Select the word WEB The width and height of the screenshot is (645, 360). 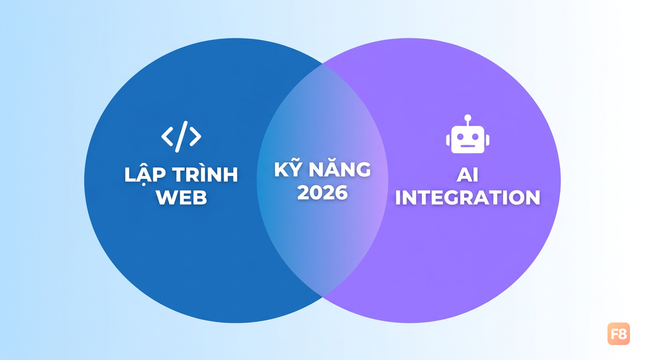pyautogui.click(x=181, y=197)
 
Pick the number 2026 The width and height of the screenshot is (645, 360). pyautogui.click(x=322, y=192)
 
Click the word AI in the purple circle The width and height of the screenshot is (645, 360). pyautogui.click(x=467, y=174)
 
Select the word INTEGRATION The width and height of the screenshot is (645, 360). pyautogui.click(x=468, y=197)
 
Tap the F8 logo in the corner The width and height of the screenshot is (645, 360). pyautogui.click(x=619, y=333)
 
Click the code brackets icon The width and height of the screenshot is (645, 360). pyautogui.click(x=181, y=136)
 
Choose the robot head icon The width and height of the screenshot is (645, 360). pyautogui.click(x=468, y=134)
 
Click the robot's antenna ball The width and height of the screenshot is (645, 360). pyautogui.click(x=468, y=118)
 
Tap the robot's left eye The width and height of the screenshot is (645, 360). pyautogui.click(x=460, y=136)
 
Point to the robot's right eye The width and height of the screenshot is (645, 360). pyautogui.click(x=475, y=136)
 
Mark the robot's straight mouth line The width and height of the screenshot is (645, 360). pyautogui.click(x=468, y=146)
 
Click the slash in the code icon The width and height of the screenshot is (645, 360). pyautogui.click(x=181, y=136)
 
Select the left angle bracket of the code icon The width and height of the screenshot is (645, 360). pyautogui.click(x=167, y=136)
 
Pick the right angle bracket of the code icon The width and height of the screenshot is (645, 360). pyautogui.click(x=195, y=136)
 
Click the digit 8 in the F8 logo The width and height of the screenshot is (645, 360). pyautogui.click(x=622, y=334)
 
